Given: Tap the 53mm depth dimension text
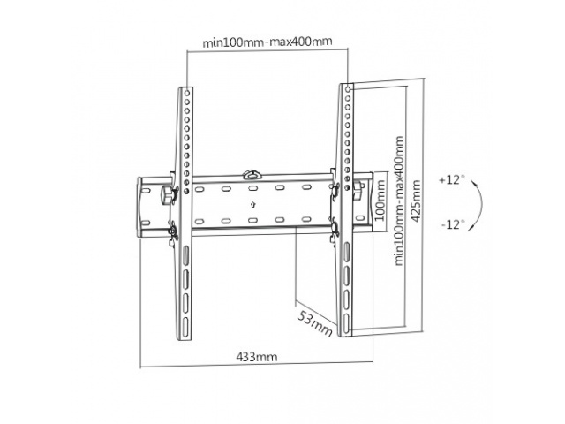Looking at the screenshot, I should click(x=313, y=323).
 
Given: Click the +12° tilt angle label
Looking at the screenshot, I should click(x=450, y=179).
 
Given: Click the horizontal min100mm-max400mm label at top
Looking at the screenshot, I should click(x=267, y=41).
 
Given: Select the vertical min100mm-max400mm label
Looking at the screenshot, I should click(x=398, y=201).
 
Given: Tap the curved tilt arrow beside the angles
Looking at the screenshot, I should click(x=477, y=202).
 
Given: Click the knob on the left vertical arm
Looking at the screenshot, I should click(x=167, y=194).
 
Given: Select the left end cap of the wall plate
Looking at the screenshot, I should click(x=144, y=207).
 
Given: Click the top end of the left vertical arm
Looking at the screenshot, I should click(x=187, y=90).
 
